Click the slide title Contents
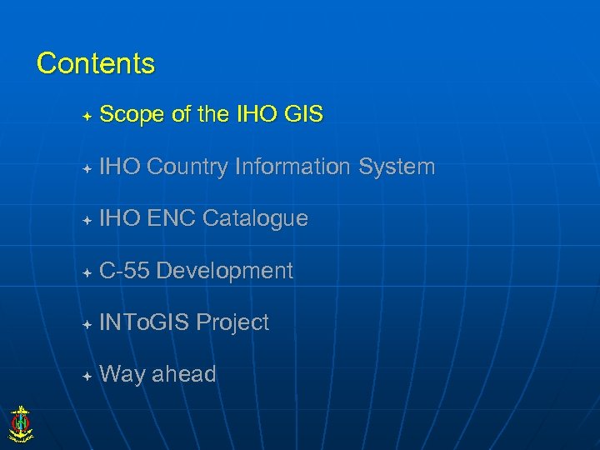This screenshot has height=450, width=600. click(96, 63)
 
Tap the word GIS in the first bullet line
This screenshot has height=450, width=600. click(302, 115)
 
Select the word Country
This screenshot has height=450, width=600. click(187, 167)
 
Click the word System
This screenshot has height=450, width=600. click(397, 167)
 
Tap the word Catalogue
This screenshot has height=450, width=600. click(255, 218)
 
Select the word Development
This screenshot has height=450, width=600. click(224, 270)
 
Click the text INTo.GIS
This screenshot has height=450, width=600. click(144, 322)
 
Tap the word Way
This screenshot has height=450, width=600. click(122, 374)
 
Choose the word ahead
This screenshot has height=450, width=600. click(183, 374)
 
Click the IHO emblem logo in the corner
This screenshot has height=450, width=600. click(20, 422)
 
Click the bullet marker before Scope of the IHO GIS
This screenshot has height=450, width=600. click(87, 116)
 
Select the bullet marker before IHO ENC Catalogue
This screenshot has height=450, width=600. click(87, 220)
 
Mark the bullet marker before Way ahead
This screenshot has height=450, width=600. click(87, 376)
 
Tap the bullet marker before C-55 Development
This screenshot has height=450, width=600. click(87, 272)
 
